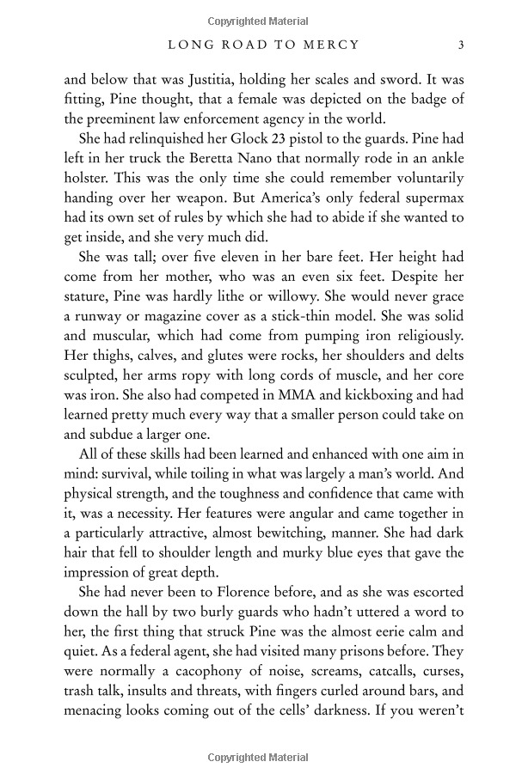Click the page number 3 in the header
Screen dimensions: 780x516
click(462, 45)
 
